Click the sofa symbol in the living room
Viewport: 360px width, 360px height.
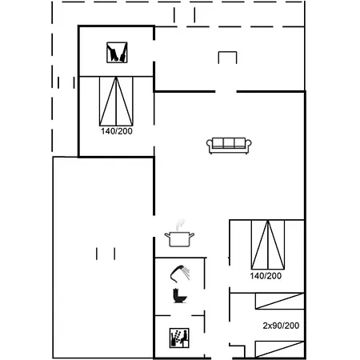pos(229,146)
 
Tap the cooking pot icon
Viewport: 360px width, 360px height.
pos(179,239)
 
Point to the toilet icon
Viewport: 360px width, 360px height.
pos(179,295)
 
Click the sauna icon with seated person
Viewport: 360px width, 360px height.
pos(179,338)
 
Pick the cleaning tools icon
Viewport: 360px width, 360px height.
pos(117,53)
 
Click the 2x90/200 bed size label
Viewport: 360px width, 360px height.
pos(281,326)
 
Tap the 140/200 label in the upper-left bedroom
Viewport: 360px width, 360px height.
pos(117,131)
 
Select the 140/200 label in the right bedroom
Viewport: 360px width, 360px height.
pos(266,276)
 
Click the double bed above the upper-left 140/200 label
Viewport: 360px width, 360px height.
pos(116,102)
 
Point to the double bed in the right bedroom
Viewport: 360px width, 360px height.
pos(268,245)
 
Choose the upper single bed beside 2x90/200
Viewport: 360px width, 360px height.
pos(280,302)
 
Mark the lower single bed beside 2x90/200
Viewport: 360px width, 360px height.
pos(280,349)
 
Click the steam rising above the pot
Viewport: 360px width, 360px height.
pos(181,224)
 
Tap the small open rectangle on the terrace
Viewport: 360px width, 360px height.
pos(227,58)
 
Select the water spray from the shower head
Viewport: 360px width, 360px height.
pos(186,274)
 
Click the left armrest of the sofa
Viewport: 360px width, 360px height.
pos(209,145)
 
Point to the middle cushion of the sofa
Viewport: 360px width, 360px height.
pos(229,143)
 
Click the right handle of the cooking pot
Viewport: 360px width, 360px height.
pos(192,235)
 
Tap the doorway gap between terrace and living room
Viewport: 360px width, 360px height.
pos(226,91)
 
